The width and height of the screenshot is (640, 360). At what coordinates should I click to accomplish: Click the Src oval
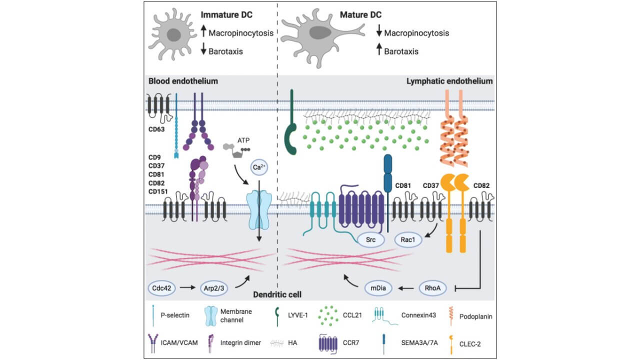[x=370, y=239]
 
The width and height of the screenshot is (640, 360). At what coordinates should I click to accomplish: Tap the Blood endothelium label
[x=179, y=80]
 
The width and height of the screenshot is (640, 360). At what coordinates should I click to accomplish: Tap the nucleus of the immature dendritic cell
[x=174, y=35]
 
